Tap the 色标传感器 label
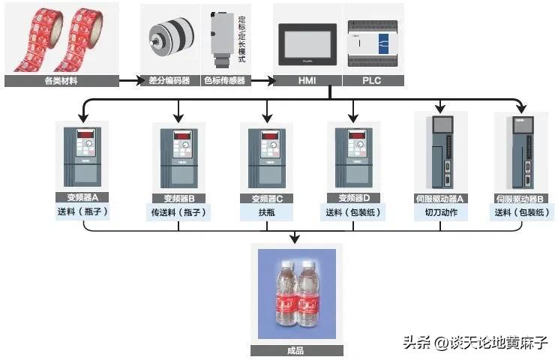225,80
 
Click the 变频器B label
178,199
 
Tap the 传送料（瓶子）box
178,212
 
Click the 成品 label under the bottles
295,350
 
